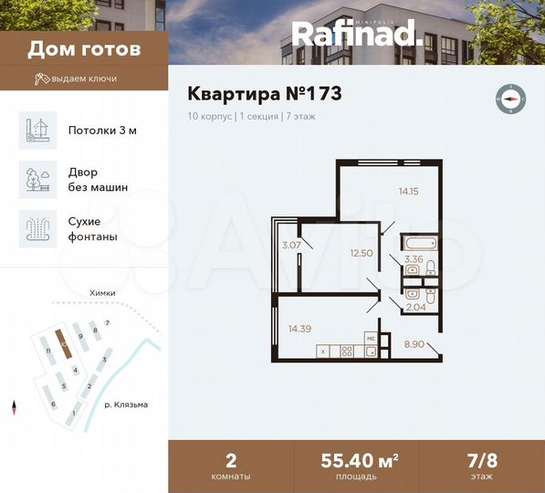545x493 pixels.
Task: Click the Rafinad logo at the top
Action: click(x=357, y=34)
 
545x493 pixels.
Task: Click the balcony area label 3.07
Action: click(x=291, y=245)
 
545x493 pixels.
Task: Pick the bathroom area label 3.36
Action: click(x=414, y=259)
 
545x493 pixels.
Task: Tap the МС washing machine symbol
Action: click(x=371, y=338)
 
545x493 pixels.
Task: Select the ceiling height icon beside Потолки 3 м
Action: click(x=38, y=130)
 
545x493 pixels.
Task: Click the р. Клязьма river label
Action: click(x=125, y=404)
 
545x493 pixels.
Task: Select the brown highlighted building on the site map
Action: click(x=62, y=345)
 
